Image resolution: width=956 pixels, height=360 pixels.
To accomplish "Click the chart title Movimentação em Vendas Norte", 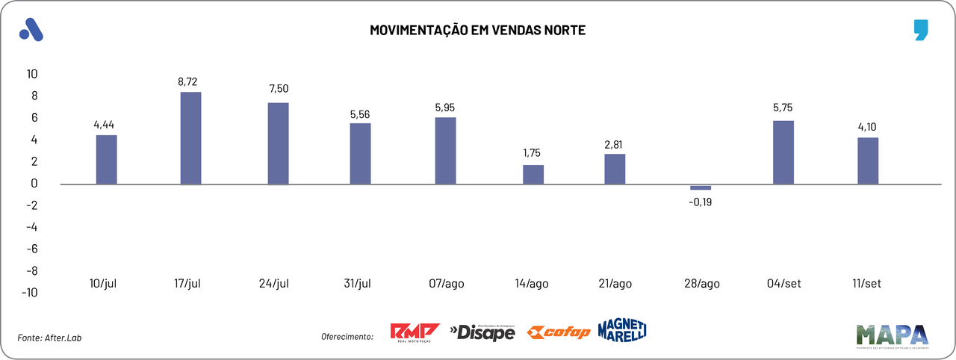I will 478,30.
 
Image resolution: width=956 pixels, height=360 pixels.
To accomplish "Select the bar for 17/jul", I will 190,137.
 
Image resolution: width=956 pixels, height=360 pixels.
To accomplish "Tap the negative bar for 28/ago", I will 701,187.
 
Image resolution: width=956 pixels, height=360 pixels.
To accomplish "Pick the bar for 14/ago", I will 533,174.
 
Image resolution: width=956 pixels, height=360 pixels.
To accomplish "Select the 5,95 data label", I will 444,108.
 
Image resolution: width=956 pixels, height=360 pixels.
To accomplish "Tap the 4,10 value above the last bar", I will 868,127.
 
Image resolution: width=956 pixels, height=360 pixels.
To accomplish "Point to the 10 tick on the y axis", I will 32,74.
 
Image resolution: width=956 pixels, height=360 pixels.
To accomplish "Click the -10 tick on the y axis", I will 30,293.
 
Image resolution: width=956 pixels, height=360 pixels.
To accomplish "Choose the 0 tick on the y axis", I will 34,183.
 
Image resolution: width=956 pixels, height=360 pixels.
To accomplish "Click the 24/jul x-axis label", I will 273,284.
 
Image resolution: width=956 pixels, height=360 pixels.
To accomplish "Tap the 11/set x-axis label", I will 866,284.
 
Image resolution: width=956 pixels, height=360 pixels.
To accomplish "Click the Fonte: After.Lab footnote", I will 49,338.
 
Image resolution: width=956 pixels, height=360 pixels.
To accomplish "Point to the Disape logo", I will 482,332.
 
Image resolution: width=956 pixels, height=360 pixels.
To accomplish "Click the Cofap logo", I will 559,332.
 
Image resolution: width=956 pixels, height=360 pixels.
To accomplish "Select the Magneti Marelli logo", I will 622,330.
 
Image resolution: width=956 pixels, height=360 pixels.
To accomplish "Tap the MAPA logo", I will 892,336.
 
